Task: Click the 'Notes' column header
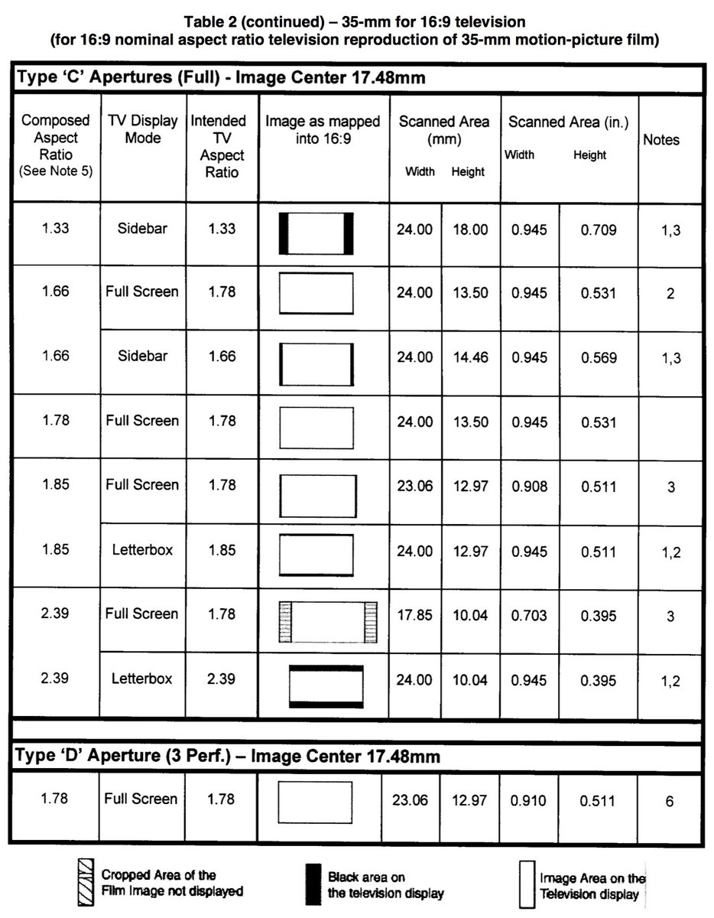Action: click(x=661, y=140)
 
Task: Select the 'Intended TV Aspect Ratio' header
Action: click(x=219, y=146)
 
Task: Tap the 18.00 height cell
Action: click(x=469, y=229)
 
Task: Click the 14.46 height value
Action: click(x=469, y=357)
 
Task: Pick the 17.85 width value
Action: click(x=414, y=614)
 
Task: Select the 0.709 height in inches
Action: click(x=598, y=229)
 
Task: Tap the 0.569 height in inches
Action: click(x=598, y=357)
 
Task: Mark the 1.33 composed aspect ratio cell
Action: click(x=55, y=228)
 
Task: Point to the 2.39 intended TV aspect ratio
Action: click(x=221, y=679)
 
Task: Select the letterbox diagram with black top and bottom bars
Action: click(x=326, y=685)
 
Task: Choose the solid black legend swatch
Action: click(x=312, y=883)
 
